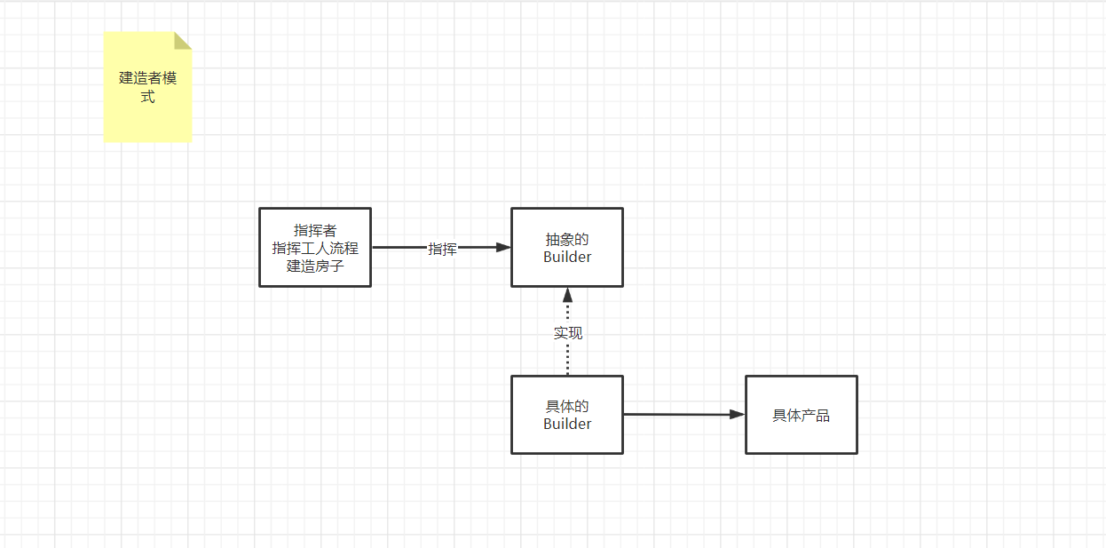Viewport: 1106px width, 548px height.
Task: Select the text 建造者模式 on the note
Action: [147, 87]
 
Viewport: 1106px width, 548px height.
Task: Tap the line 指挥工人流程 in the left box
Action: [315, 249]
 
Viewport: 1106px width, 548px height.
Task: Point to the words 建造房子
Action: [315, 266]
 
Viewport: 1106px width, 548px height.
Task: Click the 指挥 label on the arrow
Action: [442, 249]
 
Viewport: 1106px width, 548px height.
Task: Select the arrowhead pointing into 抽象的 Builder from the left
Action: [503, 248]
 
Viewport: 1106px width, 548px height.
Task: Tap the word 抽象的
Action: [567, 240]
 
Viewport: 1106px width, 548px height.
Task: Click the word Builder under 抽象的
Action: [567, 257]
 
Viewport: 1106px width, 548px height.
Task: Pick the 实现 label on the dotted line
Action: [568, 333]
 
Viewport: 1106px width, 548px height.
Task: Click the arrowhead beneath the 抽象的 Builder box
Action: [568, 295]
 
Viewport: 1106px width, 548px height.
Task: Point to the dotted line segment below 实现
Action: [568, 359]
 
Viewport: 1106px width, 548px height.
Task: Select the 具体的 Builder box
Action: [567, 440]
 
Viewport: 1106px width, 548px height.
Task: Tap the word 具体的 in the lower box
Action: [567, 407]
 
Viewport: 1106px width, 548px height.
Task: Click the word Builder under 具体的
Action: [567, 424]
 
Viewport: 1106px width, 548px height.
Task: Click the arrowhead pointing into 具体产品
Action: [737, 415]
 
